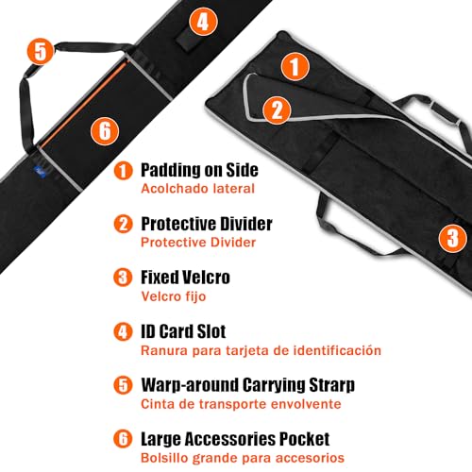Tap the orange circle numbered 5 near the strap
(x=39, y=50)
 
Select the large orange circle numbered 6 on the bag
(x=104, y=129)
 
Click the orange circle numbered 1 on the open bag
(x=296, y=67)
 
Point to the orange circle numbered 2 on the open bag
(x=277, y=109)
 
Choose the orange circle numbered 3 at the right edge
(x=452, y=236)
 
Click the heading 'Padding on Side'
(x=199, y=171)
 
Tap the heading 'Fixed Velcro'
(x=185, y=278)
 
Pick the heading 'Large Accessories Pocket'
(x=235, y=440)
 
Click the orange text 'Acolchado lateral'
(x=197, y=188)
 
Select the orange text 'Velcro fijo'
(x=173, y=295)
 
